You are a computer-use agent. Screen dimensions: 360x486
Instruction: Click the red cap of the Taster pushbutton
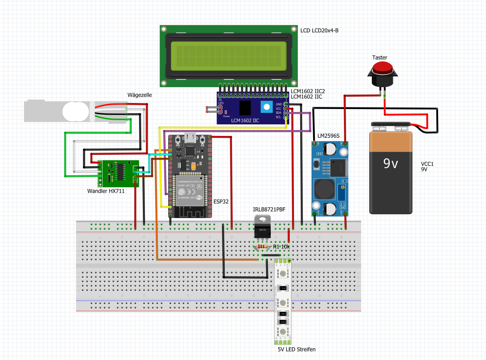pos(383,68)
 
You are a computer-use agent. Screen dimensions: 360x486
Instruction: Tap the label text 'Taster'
pos(379,57)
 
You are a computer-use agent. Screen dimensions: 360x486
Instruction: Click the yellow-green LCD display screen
pos(228,56)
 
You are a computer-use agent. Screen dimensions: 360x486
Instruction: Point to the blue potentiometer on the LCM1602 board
pos(267,107)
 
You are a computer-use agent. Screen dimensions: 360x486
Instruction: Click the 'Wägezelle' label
pos(139,94)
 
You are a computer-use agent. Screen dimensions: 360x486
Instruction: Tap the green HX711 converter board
pos(118,173)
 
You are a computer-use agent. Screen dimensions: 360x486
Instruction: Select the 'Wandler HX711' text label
pos(106,191)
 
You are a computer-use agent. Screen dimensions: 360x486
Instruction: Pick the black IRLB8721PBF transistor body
pos(262,231)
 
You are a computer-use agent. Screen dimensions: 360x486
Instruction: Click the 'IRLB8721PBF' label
pos(269,209)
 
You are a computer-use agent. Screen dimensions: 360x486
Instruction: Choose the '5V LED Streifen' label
pos(296,349)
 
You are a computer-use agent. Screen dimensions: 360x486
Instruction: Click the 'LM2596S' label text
pos(328,136)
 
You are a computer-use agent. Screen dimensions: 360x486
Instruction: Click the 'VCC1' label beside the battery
pos(427,164)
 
